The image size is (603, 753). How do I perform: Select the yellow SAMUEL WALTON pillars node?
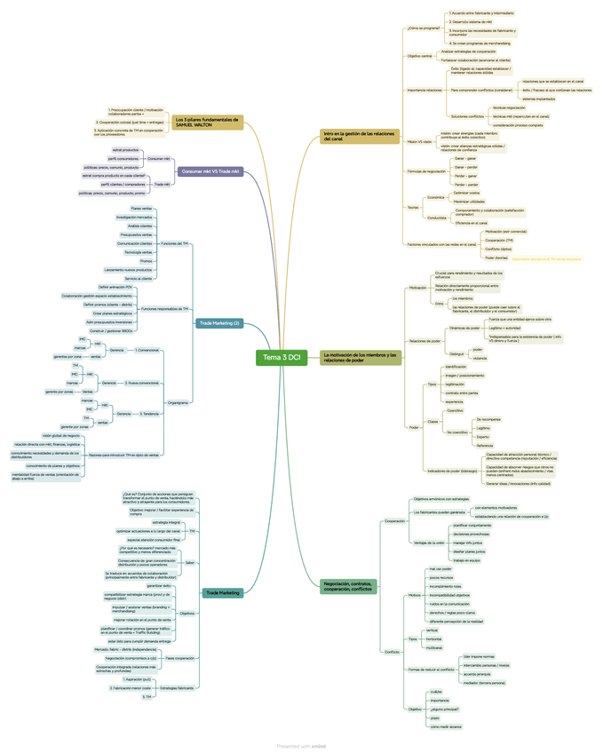coord(207,122)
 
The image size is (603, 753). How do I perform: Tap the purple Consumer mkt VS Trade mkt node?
coord(210,170)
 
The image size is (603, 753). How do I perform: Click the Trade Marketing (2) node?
coord(219,323)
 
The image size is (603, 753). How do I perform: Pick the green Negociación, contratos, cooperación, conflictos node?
coord(349,586)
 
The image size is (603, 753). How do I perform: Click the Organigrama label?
coord(178,402)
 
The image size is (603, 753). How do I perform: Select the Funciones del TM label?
coord(174,242)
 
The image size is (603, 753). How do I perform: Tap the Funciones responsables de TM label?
coord(165,308)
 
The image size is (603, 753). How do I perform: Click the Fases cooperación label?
coord(180,658)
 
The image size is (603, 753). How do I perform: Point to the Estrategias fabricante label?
coord(177,688)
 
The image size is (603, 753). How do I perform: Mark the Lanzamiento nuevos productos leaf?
coord(134,269)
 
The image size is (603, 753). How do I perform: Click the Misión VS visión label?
coord(419,141)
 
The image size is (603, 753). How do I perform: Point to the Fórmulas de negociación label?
coord(425,171)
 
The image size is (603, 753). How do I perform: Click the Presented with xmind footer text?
coord(301,746)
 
